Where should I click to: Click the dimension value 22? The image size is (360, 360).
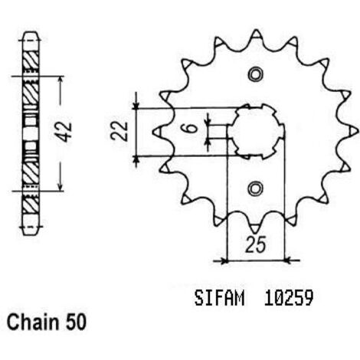119,131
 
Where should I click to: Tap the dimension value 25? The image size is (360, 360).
256,244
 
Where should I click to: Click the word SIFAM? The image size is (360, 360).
219,298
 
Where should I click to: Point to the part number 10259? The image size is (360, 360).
289,298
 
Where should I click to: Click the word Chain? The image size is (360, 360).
33,322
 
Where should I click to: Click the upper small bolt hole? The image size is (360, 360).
256,74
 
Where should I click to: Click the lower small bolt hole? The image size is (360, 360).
256,188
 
